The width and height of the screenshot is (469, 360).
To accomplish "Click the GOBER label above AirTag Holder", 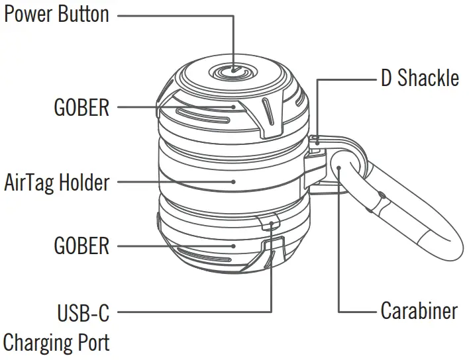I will [81, 107].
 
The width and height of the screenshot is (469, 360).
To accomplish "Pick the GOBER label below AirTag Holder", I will [81, 246].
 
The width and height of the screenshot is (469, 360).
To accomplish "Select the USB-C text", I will [82, 312].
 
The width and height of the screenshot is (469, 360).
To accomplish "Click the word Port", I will [93, 343].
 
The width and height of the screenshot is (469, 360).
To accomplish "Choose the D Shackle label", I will [419, 78].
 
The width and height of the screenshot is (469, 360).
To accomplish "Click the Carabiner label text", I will [419, 310].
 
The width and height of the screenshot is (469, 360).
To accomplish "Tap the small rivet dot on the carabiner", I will [382, 195].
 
